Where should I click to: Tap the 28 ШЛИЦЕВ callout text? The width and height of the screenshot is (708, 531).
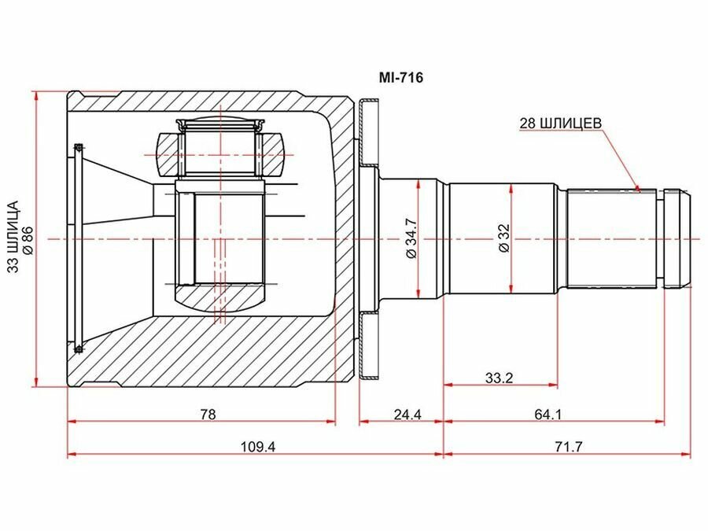(x=560, y=123)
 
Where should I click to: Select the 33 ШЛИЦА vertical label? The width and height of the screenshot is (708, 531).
(x=14, y=237)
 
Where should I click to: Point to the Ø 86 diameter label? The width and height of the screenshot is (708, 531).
(x=28, y=242)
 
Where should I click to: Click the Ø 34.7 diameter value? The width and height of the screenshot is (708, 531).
(x=411, y=238)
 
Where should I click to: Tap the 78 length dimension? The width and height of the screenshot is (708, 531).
(x=208, y=414)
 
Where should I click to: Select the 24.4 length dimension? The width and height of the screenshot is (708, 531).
(x=407, y=414)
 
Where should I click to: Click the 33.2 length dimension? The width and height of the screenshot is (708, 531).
(x=500, y=378)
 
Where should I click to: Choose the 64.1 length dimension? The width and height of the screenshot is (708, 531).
(x=548, y=414)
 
